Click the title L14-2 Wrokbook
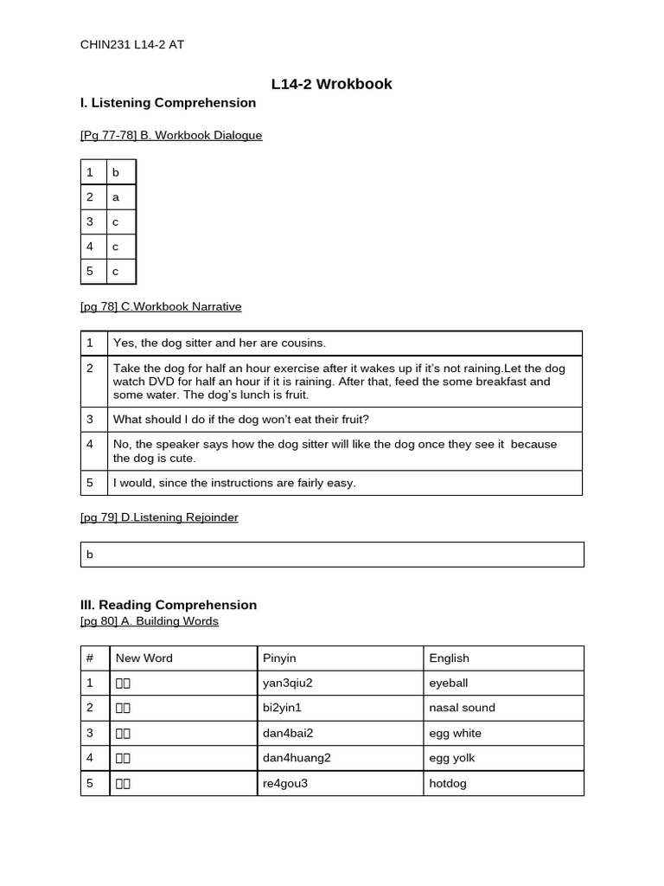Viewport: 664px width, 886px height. (x=331, y=84)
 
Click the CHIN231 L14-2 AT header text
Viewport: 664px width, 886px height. (x=131, y=45)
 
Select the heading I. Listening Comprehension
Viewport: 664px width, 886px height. (x=168, y=103)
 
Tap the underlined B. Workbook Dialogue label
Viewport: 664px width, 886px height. (x=171, y=136)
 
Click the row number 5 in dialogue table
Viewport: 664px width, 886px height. (x=89, y=272)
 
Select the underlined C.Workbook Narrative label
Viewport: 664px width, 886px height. (x=161, y=307)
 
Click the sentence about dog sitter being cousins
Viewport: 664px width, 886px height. (x=220, y=343)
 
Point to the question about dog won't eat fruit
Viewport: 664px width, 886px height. (x=241, y=420)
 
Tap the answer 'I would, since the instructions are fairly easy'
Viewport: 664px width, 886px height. (x=234, y=483)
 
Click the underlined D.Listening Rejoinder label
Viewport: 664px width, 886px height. (x=159, y=517)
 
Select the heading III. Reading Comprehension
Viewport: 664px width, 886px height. (x=168, y=605)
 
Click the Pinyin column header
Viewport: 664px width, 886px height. (x=279, y=658)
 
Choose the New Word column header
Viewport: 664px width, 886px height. (x=144, y=658)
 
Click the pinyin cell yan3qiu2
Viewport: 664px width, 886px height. (x=287, y=683)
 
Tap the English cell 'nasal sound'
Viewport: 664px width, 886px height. (x=462, y=708)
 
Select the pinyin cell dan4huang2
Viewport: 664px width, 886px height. (x=297, y=758)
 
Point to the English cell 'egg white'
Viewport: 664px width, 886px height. (x=455, y=733)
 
